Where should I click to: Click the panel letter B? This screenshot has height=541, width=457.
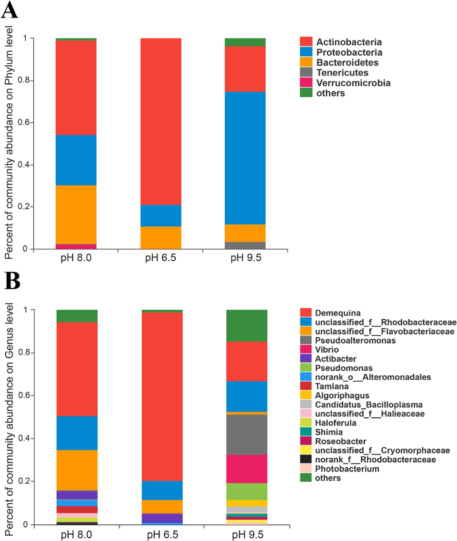click(x=11, y=281)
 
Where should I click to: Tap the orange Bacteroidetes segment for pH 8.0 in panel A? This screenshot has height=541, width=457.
click(x=76, y=215)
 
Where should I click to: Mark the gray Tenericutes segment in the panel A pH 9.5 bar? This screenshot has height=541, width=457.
click(x=245, y=246)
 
